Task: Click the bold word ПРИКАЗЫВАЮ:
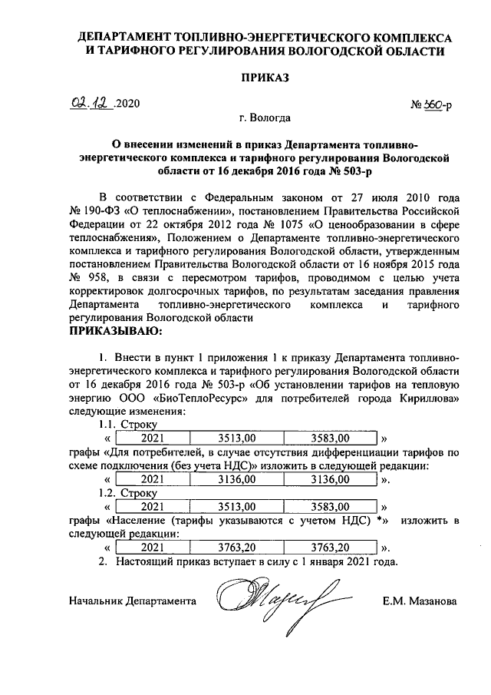(x=116, y=331)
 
